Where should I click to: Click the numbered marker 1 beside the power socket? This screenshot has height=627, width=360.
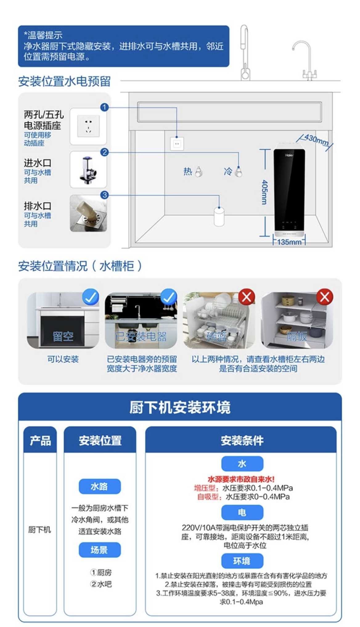[104, 107]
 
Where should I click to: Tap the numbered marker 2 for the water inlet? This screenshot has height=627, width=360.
[104, 152]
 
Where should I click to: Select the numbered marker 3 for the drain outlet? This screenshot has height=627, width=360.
[104, 195]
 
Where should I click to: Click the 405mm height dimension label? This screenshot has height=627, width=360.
[264, 192]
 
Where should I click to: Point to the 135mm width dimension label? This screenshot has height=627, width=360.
[289, 242]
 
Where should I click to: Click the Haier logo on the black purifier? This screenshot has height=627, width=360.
[289, 155]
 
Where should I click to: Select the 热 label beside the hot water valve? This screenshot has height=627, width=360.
[188, 171]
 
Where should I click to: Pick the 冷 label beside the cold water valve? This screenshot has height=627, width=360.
[228, 171]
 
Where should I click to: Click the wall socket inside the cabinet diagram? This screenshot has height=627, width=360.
[177, 144]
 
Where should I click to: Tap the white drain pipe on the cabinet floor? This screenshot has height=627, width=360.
[219, 216]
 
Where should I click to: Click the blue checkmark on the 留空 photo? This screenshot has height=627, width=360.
[91, 297]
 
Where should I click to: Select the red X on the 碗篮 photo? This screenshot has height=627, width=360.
[247, 297]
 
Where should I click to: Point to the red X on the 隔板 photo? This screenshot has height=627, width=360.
[325, 297]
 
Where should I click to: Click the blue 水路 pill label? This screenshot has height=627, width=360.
[100, 486]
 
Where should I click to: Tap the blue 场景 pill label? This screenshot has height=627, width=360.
[100, 550]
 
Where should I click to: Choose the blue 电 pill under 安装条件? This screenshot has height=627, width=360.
[242, 512]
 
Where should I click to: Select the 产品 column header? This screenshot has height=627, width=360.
[40, 441]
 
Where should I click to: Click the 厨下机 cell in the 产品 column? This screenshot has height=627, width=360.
[39, 530]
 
